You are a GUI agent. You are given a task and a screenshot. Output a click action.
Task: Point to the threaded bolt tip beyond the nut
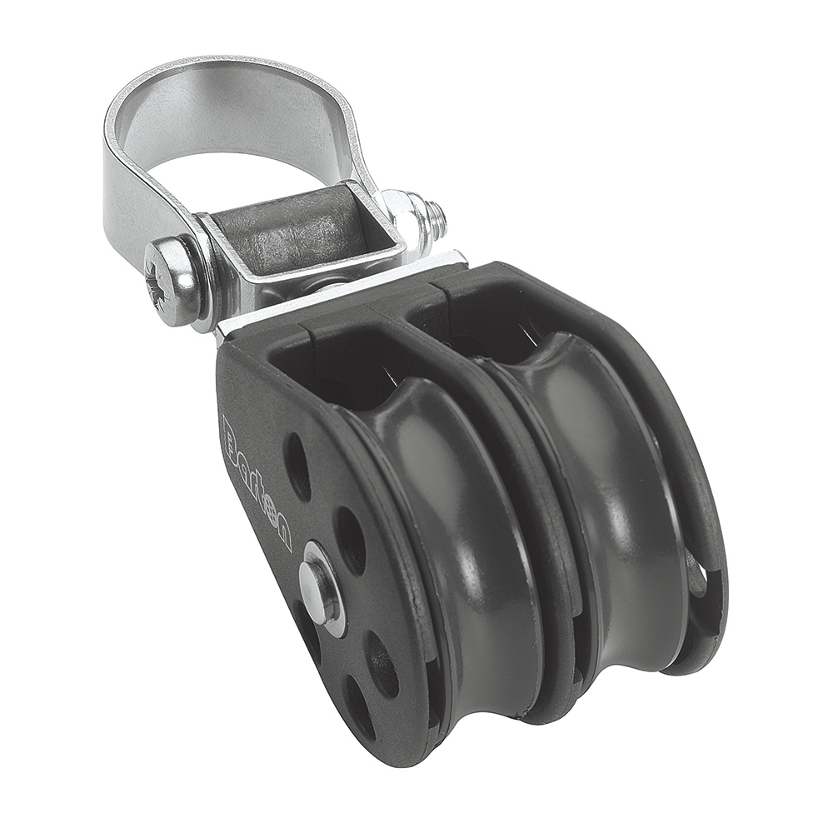click(435, 218)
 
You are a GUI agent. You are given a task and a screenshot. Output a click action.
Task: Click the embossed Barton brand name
click(258, 483)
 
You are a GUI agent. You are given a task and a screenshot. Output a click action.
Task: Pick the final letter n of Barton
click(282, 533)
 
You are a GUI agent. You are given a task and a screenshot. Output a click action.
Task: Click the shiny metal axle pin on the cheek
click(320, 587)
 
